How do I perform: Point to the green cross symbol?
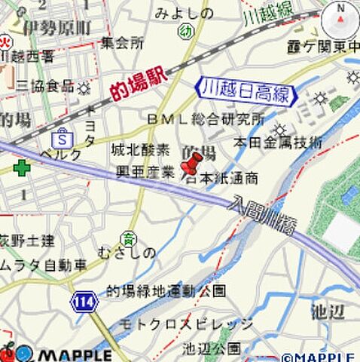coord(21,167)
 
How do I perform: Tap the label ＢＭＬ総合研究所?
coord(206,119)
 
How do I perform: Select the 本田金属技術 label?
coord(277,142)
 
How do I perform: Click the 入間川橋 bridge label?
coord(263,214)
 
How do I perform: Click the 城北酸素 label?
coord(141,149)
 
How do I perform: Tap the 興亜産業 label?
coord(145,172)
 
